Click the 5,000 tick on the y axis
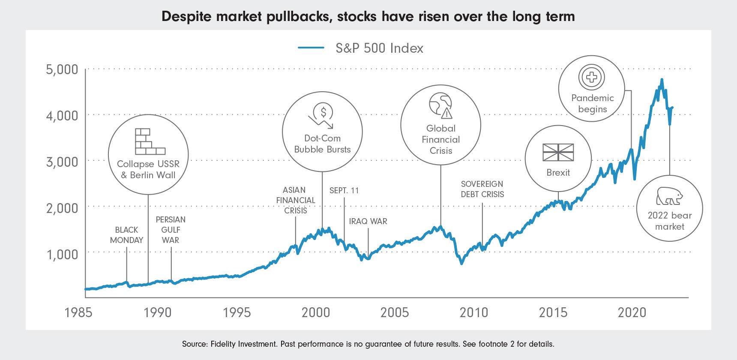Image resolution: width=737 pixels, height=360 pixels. tap(62, 69)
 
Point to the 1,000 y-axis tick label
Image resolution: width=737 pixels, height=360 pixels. tap(62, 255)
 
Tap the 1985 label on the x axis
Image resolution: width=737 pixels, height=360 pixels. tap(78, 312)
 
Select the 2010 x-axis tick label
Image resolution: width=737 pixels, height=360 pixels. tap(473, 312)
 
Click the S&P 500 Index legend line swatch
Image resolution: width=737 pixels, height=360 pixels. tap(311, 48)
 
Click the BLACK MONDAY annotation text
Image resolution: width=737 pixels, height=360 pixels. tap(126, 235)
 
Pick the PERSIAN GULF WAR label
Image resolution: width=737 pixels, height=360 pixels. tap(171, 230)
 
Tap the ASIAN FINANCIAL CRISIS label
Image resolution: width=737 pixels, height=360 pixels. tap(296, 200)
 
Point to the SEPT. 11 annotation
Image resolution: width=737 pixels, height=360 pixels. tap(344, 190)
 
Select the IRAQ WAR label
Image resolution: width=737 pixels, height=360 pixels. tap(368, 221)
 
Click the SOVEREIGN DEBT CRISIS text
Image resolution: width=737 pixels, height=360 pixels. tap(482, 189)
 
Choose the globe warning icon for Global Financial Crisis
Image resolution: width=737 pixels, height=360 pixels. tap(441, 105)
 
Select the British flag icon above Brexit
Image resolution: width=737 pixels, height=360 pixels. tap(558, 152)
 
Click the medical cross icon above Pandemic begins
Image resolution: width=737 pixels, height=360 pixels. tap(591, 77)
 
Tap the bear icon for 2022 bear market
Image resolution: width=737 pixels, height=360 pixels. tap(669, 196)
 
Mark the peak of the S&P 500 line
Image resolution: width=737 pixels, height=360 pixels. tap(662, 80)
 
